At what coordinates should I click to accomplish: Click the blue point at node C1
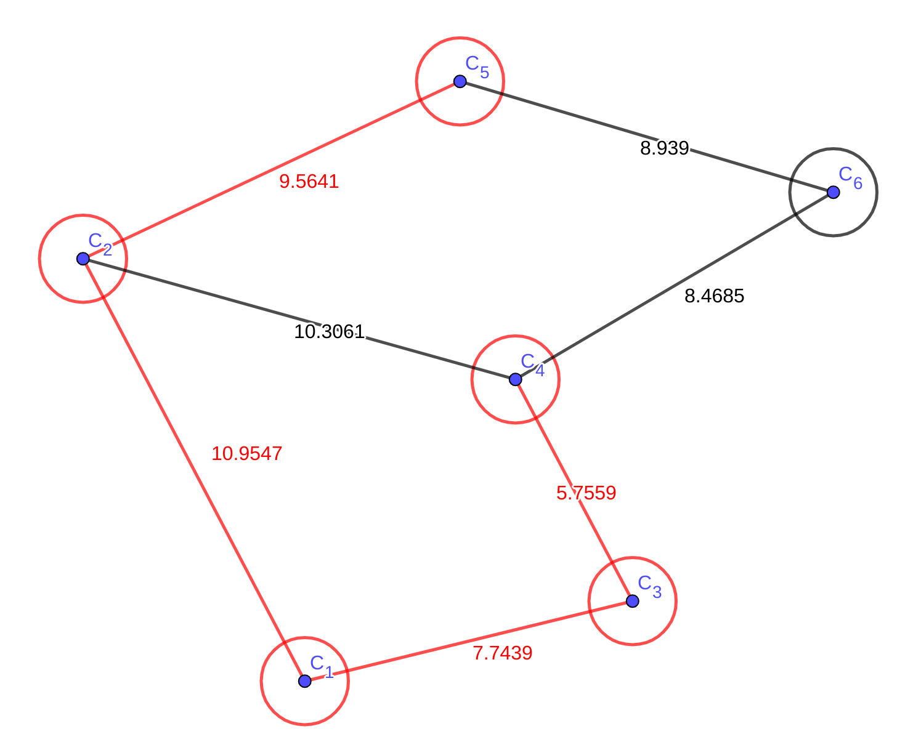tap(305, 681)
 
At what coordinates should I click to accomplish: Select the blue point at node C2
tap(83, 259)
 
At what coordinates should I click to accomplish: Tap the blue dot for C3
tap(632, 601)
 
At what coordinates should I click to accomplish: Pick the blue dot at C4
tap(516, 379)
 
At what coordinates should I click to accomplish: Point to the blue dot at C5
tap(460, 81)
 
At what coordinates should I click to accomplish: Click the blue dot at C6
tap(833, 192)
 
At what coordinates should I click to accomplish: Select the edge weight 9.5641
tap(309, 182)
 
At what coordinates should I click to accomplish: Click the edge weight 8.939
tap(664, 148)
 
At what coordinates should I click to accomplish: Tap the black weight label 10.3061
tap(329, 332)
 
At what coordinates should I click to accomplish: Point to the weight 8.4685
tap(714, 296)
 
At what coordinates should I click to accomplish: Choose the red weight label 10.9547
tap(246, 454)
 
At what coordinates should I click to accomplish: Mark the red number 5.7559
tap(586, 493)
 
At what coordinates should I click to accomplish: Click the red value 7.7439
tap(502, 653)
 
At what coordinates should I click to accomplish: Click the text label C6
tap(850, 177)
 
